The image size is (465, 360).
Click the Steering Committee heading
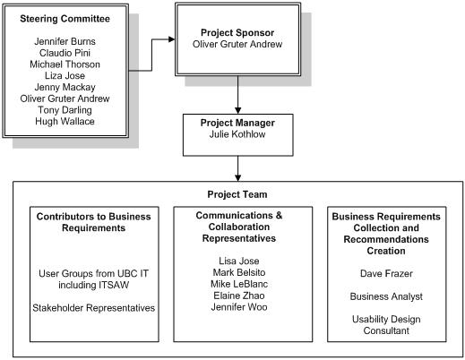[65, 19]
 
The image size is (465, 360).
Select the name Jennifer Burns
[65, 41]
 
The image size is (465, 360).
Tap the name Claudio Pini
[65, 53]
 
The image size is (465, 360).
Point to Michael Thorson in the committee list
[65, 64]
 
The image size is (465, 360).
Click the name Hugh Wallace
[65, 121]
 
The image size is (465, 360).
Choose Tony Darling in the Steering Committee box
[65, 110]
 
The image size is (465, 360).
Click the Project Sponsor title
[237, 33]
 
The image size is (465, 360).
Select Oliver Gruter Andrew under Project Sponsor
[237, 44]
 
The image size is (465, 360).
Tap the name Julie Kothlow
[237, 134]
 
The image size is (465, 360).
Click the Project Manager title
[237, 123]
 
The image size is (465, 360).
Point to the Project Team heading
[237, 194]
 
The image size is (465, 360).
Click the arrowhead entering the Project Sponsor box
[172, 39]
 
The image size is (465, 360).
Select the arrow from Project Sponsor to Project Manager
[237, 95]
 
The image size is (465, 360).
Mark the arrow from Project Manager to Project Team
[237, 168]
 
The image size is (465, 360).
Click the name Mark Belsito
[239, 272]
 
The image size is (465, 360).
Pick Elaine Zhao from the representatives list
[239, 296]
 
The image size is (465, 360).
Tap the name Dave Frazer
[386, 273]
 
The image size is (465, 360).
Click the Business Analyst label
[386, 296]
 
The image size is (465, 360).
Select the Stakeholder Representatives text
[94, 308]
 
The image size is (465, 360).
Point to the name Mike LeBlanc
[239, 284]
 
